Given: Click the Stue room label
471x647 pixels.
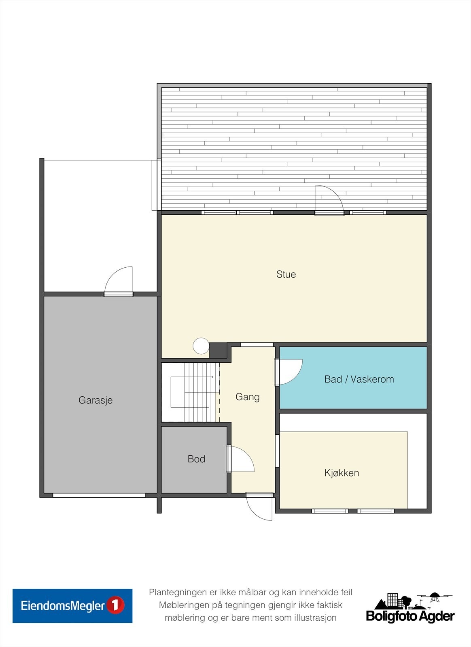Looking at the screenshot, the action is point(286,275).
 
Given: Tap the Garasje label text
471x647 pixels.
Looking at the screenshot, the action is point(95,400).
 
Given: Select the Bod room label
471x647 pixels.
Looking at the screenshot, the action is point(197,459).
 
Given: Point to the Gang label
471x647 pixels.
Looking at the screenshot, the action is point(247,397).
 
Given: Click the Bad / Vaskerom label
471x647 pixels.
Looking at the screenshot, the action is point(359,379).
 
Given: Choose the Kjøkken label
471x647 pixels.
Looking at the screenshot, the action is point(342,473).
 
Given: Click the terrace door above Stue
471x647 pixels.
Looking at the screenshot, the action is point(329,200).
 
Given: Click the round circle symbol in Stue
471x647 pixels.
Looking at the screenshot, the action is point(201,346).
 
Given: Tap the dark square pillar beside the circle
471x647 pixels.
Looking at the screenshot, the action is point(218,350).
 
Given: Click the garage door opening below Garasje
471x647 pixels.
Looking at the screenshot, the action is point(99,495).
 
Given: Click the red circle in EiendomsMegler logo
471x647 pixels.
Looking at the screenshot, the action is point(115,606).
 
